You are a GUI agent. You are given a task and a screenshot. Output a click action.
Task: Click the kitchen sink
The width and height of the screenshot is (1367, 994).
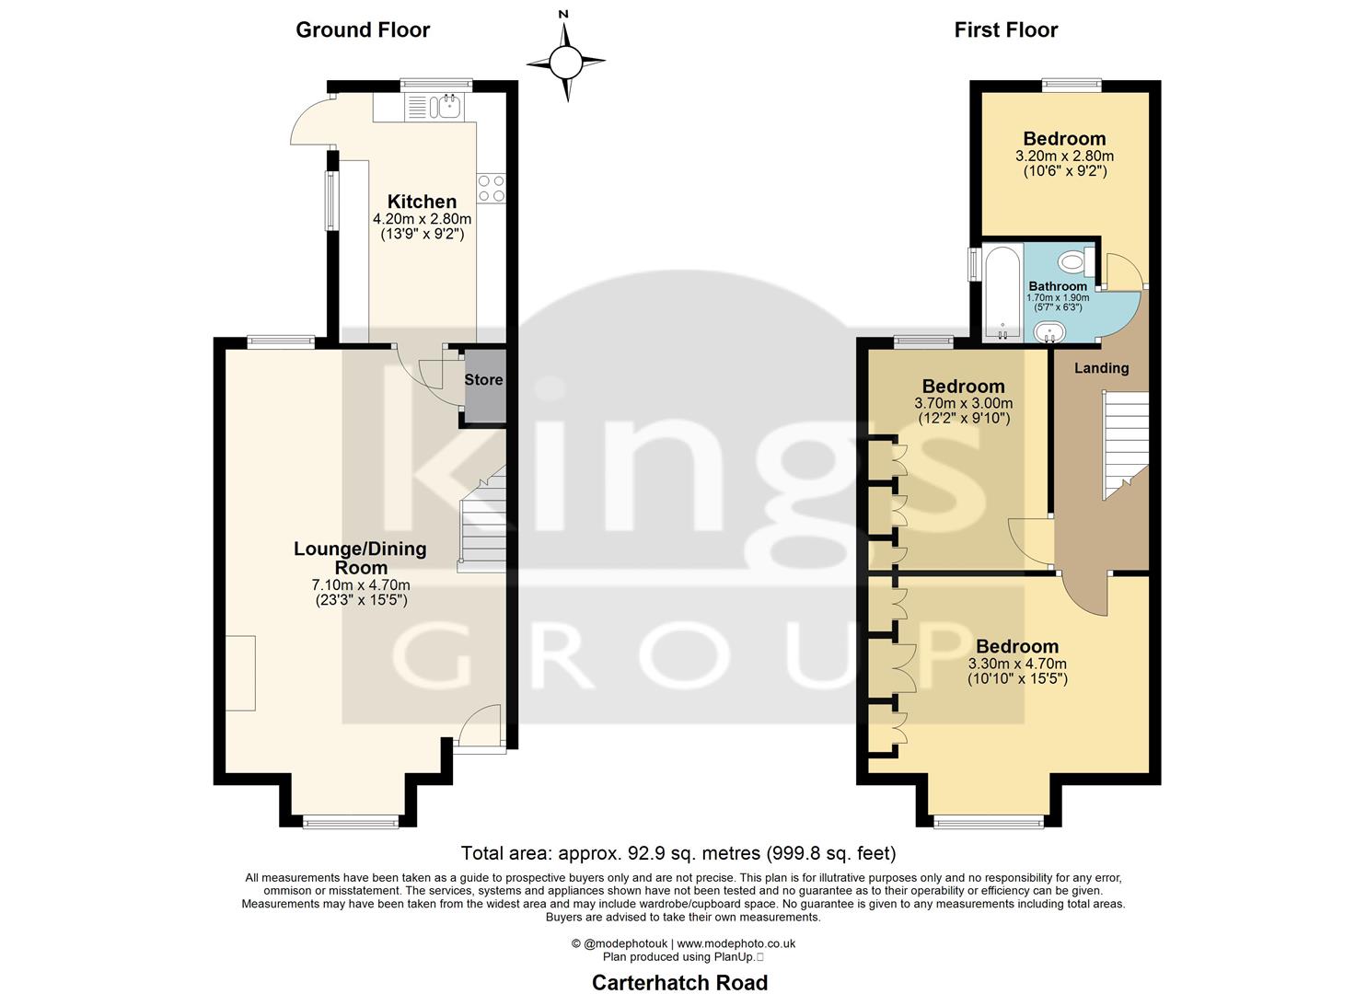point(448,107)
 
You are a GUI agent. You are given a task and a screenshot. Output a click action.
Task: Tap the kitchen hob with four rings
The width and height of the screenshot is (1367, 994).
point(491,188)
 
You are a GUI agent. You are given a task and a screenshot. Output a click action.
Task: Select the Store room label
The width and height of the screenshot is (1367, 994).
point(483,380)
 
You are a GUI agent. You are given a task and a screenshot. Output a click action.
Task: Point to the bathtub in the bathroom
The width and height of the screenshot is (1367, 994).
point(1002,292)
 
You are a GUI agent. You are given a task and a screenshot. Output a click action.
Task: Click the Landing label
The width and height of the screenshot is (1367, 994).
point(1101,368)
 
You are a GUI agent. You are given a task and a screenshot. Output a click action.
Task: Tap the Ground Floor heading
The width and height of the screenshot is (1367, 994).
point(363,30)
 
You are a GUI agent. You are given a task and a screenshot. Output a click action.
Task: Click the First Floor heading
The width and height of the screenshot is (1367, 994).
point(1005,30)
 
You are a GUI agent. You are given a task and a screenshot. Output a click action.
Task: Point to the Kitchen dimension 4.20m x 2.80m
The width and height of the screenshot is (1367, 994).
point(422,219)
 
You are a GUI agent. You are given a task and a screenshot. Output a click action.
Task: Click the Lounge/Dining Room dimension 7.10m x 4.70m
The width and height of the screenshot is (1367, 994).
point(360,584)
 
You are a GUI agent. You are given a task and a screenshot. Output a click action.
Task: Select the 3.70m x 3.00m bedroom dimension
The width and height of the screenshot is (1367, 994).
point(963,403)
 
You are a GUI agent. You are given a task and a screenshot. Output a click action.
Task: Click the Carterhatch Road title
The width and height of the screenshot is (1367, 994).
point(679,983)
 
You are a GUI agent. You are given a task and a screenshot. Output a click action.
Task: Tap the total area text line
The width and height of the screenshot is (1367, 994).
point(678,853)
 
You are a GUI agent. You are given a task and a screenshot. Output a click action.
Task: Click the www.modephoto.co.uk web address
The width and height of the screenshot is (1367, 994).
point(736,943)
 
